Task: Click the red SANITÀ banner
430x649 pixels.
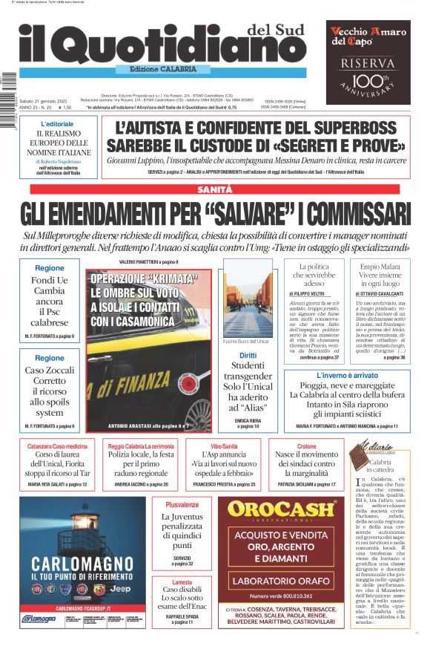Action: pos(214,190)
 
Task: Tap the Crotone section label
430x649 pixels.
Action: pos(306,446)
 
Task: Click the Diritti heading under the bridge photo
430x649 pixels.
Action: pos(248,355)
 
